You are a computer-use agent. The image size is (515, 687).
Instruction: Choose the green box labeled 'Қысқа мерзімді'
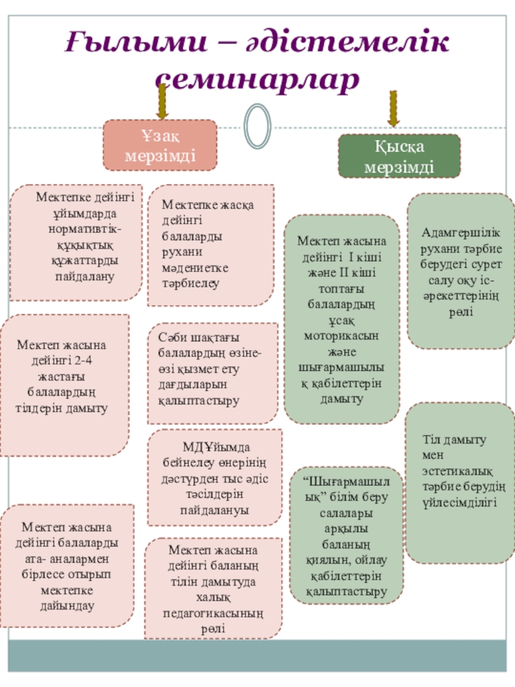pos(400,156)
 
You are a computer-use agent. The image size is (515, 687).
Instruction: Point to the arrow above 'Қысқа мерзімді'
pos(393,108)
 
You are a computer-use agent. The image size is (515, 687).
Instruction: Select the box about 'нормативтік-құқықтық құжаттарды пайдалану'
pos(76,243)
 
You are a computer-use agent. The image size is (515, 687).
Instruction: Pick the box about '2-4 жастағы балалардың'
pos(64,384)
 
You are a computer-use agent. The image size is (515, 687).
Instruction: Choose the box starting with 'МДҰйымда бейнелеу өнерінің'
pos(215,478)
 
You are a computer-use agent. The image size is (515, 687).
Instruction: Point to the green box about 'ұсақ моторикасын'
pos(342,319)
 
